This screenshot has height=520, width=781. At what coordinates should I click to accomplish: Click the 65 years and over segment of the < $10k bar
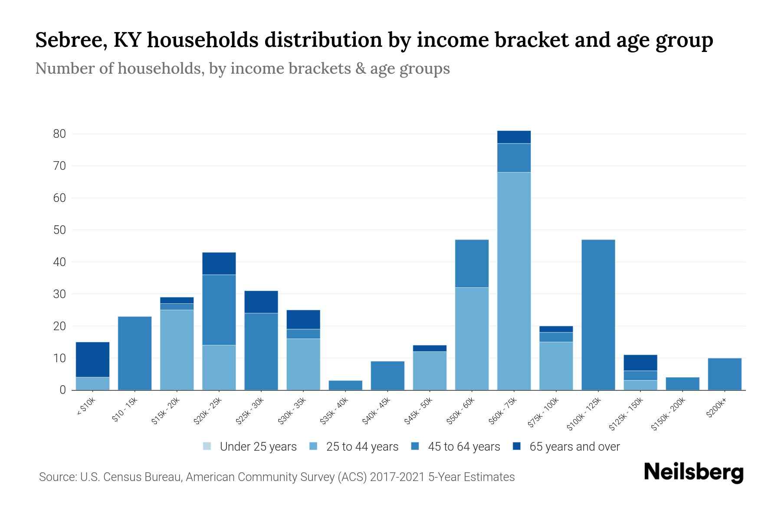pos(92,359)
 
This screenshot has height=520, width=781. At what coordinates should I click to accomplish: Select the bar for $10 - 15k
pos(135,353)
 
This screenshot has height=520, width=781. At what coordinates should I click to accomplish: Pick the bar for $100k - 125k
pos(598,315)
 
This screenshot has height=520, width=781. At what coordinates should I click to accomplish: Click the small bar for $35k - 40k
pos(345,385)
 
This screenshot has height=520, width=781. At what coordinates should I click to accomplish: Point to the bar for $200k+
pos(724,374)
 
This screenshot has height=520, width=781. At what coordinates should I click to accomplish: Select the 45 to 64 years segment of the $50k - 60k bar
pos(472,263)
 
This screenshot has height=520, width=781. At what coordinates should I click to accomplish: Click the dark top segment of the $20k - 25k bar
pos(219,263)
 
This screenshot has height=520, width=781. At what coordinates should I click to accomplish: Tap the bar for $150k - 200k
pos(682,383)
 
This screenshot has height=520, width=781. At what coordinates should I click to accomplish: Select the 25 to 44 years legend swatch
pos(313,446)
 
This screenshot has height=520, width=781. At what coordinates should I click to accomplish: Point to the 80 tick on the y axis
pos(59,134)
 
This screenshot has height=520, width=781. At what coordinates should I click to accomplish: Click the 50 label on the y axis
pos(59,230)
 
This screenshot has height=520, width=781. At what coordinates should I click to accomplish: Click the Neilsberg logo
pos(693,472)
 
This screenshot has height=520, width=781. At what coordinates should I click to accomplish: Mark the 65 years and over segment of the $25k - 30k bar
pos(261,302)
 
